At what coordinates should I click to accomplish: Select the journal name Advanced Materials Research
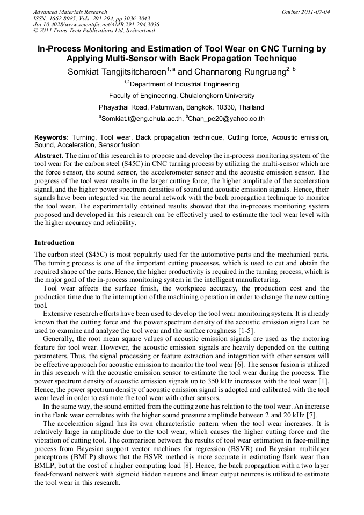point(70,12)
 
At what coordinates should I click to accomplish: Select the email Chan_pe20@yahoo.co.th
point(227,119)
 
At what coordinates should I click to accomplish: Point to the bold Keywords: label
point(52,138)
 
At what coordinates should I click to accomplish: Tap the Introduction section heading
point(54,243)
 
